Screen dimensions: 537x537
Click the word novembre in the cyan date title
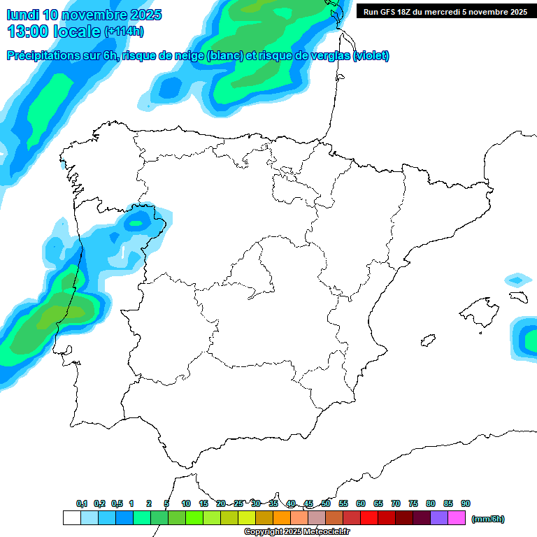point(97,15)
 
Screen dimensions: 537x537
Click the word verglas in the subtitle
point(326,56)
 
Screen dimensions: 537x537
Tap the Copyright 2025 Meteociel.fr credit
point(298,532)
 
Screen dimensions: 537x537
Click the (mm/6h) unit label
point(487,519)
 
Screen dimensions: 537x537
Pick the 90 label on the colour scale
point(466,503)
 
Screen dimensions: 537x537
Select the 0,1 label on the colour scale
point(82,503)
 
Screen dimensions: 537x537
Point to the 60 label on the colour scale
point(361,503)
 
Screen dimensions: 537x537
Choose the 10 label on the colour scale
point(186,503)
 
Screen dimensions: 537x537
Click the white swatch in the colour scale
point(71,518)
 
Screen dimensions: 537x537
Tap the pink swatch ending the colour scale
point(457,518)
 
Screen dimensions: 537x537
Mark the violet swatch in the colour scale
point(439,518)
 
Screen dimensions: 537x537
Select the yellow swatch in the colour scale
point(246,518)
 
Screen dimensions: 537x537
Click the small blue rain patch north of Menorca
point(516,280)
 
